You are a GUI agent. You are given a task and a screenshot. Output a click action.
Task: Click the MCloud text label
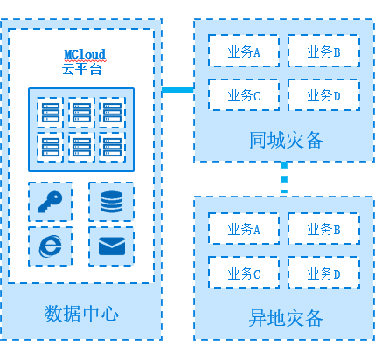click(x=85, y=54)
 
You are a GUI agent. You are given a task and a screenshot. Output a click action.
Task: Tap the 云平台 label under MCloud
click(x=82, y=69)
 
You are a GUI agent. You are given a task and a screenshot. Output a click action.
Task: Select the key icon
click(x=50, y=202)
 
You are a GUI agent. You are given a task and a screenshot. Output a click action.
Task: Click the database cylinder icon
click(x=112, y=202)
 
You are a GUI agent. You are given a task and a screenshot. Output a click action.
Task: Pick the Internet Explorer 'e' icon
click(x=51, y=246)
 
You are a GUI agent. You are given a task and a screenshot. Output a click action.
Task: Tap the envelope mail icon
click(x=112, y=246)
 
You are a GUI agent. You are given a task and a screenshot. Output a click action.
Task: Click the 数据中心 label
click(x=81, y=314)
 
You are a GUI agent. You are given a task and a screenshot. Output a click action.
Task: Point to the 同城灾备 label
click(x=286, y=140)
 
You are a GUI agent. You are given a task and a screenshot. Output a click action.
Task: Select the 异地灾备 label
click(x=286, y=318)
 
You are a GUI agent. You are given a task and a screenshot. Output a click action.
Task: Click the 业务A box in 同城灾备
click(x=244, y=51)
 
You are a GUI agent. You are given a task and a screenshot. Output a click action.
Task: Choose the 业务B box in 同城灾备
click(x=323, y=51)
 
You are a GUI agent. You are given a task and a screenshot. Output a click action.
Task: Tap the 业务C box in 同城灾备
click(x=244, y=94)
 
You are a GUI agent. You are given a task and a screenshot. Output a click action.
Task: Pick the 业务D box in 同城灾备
click(x=323, y=94)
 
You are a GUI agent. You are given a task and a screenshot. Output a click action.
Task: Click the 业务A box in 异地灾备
click(x=244, y=229)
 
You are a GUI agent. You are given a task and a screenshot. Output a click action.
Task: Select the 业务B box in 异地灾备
click(x=323, y=229)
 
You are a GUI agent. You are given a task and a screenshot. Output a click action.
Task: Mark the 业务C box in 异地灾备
click(x=244, y=273)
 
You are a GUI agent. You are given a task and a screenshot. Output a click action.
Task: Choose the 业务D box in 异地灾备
click(x=323, y=273)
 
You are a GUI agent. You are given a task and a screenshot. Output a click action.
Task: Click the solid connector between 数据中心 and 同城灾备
click(x=177, y=90)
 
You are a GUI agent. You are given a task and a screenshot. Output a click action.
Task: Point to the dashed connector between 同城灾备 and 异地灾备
click(x=284, y=178)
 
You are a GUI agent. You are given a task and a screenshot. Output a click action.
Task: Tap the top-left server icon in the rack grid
click(x=51, y=113)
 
